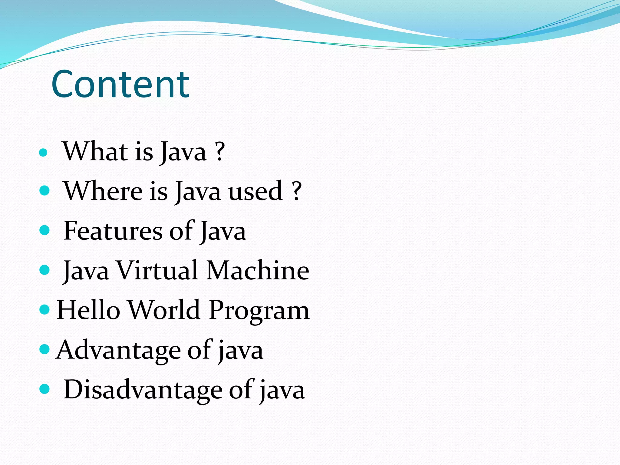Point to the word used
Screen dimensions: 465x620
255,191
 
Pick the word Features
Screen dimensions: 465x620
113,231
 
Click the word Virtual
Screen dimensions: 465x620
157,270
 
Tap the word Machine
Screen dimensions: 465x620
258,270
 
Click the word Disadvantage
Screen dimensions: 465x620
143,390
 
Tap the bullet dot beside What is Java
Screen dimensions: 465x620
44,152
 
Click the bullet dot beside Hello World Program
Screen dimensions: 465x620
45,309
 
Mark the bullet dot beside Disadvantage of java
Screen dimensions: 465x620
45,389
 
